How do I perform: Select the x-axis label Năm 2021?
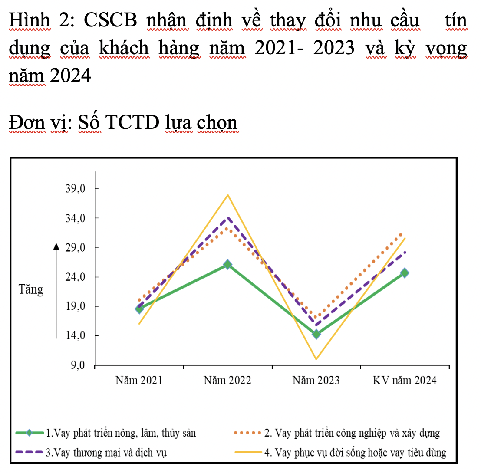pos(139,381)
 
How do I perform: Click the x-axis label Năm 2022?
pos(227,381)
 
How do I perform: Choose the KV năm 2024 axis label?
pos(405,381)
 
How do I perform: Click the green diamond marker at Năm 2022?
pos(227,264)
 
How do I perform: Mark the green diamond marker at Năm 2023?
pos(316,334)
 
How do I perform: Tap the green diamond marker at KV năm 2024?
pos(405,273)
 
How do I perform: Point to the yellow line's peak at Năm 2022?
pos(227,195)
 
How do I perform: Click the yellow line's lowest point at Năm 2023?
pos(316,359)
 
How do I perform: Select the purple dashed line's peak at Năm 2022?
pos(227,217)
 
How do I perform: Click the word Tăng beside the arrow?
pos(31,289)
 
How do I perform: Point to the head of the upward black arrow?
pos(56,246)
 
